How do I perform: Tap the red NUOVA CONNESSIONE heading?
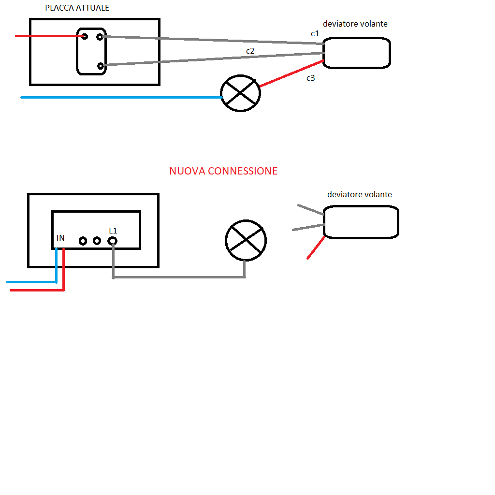pyautogui.click(x=223, y=171)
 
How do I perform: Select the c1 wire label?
pyautogui.click(x=315, y=33)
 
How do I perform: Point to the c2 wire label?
pyautogui.click(x=250, y=51)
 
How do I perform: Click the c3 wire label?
pyautogui.click(x=311, y=78)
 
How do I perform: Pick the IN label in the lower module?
pyautogui.click(x=60, y=238)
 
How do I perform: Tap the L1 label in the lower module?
pyautogui.click(x=113, y=231)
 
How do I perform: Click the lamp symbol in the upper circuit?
pyautogui.click(x=240, y=93)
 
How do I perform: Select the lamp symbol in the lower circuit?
pyautogui.click(x=246, y=240)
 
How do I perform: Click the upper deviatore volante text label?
pyautogui.click(x=355, y=24)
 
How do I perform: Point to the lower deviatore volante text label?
pyautogui.click(x=359, y=194)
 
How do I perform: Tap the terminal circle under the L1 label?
pyautogui.click(x=112, y=240)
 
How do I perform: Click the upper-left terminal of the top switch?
pyautogui.click(x=85, y=36)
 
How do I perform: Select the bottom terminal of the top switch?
pyautogui.click(x=100, y=66)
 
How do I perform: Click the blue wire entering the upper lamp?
pyautogui.click(x=121, y=97)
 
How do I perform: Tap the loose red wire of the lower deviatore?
pyautogui.click(x=315, y=248)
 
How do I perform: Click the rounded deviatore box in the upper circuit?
pyautogui.click(x=356, y=53)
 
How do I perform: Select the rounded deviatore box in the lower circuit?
pyautogui.click(x=361, y=221)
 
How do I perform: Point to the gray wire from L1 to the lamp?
pyautogui.click(x=179, y=277)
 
